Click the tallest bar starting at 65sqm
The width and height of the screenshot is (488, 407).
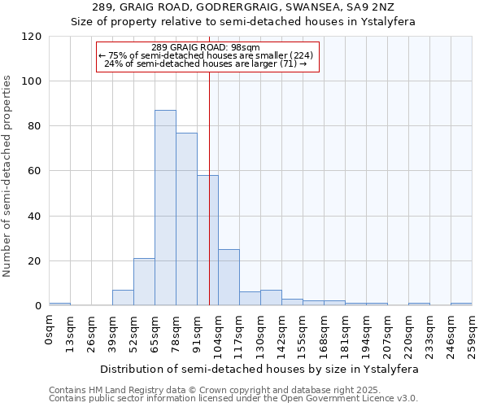165,208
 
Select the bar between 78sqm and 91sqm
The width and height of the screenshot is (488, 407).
186,219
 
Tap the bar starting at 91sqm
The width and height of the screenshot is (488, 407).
207,240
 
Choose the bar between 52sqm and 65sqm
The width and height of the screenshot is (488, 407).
144,282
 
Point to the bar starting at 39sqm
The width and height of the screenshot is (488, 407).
123,298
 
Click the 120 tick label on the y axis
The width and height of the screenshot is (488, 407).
33,37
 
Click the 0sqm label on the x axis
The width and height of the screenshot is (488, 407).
50,330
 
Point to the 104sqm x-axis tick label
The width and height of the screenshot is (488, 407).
219,333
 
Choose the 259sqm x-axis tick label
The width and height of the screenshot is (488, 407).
473,333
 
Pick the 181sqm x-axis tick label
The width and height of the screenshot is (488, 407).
346,333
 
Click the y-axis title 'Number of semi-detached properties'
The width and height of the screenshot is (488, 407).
8,176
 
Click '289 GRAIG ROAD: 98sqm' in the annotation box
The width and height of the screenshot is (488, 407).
206,47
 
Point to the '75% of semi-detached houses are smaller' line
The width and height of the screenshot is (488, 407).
206,55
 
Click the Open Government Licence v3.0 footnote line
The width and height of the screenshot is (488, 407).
233,398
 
